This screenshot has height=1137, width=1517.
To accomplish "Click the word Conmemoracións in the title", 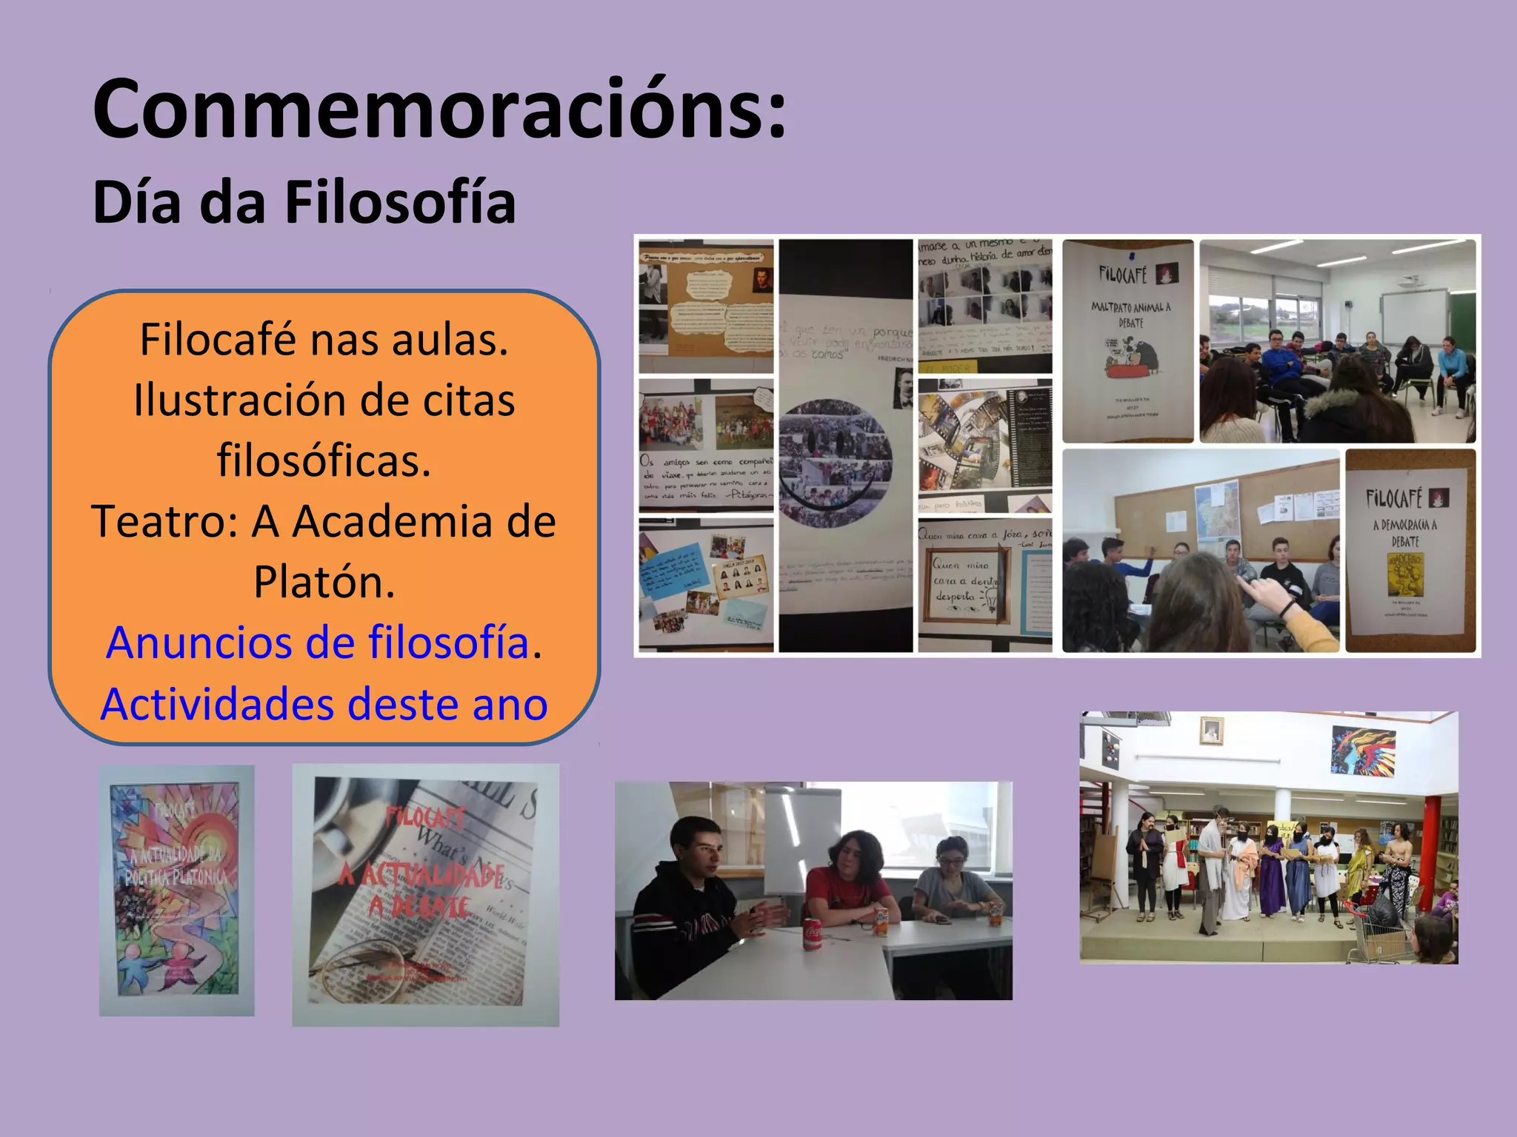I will tap(439, 109).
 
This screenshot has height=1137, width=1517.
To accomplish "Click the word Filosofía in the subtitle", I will tap(400, 203).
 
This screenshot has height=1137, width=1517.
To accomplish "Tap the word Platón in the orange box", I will tap(324, 582).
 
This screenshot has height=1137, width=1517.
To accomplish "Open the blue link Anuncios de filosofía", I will tap(317, 643).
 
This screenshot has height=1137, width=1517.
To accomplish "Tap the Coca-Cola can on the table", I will tap(813, 934).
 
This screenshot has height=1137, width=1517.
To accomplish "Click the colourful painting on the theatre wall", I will tap(1362, 749).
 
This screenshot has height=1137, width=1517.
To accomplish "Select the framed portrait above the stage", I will tap(1211, 731).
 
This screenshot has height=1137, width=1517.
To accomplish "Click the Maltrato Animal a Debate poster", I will tap(1128, 341).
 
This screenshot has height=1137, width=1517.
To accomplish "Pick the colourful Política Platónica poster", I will tap(176, 891).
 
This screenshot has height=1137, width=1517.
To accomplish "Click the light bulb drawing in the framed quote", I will tap(988, 598).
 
